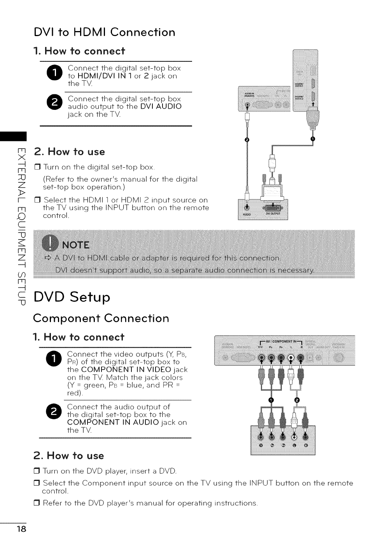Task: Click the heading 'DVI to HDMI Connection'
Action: [104, 32]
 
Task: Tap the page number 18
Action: [21, 530]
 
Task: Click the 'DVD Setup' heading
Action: [72, 297]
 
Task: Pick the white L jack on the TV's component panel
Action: [291, 357]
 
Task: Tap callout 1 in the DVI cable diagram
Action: [314, 139]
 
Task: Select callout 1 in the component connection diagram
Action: [272, 400]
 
